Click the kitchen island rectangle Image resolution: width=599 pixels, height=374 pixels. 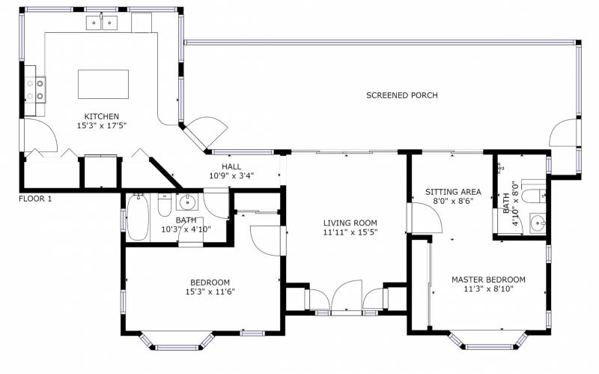point(103,84)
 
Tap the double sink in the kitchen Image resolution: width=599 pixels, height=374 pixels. point(101,23)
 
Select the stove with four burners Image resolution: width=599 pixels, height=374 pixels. point(35,90)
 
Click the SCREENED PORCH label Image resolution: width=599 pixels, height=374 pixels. point(402,95)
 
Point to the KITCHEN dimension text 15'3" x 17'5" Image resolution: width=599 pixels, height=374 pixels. point(102,125)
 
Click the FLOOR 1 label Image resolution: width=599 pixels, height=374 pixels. point(35,199)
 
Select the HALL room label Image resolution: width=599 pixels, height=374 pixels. point(231,166)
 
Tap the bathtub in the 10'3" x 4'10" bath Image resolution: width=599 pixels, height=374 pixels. point(138,217)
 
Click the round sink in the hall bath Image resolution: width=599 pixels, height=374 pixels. point(187,202)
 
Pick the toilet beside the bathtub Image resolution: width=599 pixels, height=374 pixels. point(165,205)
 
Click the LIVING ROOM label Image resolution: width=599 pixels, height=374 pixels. point(350,223)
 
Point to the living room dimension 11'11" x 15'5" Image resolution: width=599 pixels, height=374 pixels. point(350,232)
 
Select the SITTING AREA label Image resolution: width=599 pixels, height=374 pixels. point(453,192)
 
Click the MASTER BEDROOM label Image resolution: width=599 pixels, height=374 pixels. point(488,280)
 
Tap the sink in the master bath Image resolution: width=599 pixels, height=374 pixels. point(538,223)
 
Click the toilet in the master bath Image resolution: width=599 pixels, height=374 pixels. point(534,196)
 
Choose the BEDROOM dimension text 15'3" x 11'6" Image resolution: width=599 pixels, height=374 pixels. point(210,292)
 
